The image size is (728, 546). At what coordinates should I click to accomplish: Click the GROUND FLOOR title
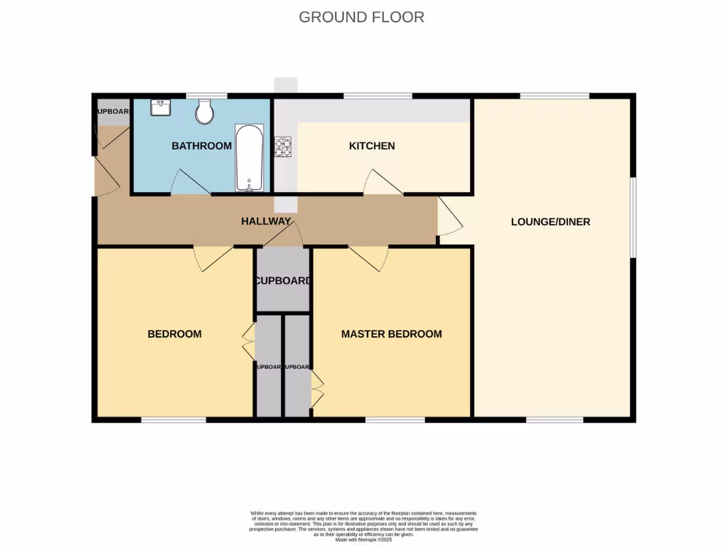pos(361,17)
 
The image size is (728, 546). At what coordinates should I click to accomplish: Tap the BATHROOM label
pos(201,146)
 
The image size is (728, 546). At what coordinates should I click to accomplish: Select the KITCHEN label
pos(371,146)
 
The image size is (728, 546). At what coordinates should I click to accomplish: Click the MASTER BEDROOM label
pos(391,334)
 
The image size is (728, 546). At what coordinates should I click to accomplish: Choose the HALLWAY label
pos(265,222)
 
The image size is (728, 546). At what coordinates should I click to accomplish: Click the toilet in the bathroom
pos(205,111)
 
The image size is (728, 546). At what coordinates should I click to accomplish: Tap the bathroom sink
pos(160,108)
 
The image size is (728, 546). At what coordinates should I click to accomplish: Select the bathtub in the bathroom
pos(250,159)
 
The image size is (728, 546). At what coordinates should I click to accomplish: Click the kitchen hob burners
pos(283,147)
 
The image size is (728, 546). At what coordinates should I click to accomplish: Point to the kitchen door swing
pos(381,183)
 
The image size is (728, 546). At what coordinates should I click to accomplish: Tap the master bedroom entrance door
pos(369,257)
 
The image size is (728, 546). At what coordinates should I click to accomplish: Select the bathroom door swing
pos(190,183)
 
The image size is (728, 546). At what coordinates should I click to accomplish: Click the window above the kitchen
pos(378,96)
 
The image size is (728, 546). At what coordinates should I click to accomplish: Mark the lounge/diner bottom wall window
pos(555,419)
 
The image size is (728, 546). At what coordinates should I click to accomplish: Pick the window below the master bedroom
pos(395,419)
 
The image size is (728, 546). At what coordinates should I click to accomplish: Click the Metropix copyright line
pos(363,540)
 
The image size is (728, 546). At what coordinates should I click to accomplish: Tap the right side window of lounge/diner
pos(632,215)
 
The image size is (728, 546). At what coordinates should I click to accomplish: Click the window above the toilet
pos(206,96)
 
